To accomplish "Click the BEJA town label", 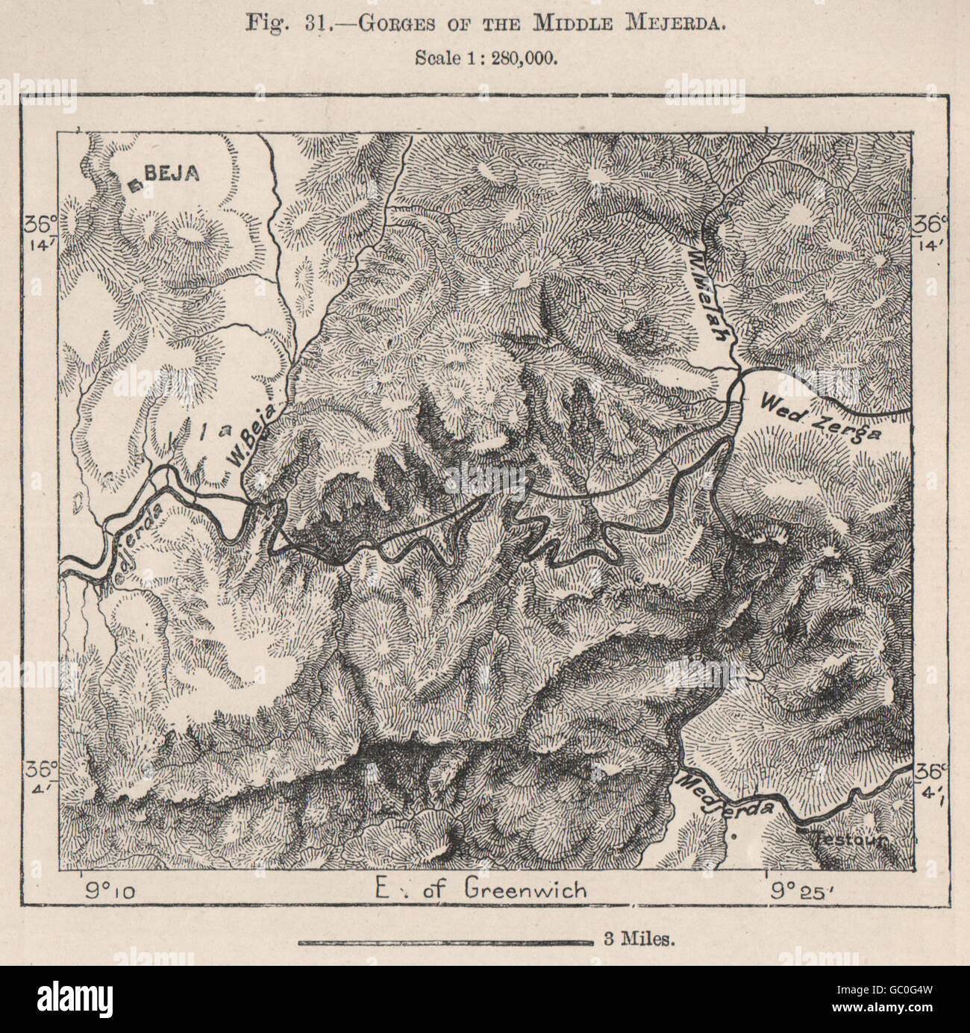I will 171,173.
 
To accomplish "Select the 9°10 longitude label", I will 107,889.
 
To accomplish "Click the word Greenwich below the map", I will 526,889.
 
